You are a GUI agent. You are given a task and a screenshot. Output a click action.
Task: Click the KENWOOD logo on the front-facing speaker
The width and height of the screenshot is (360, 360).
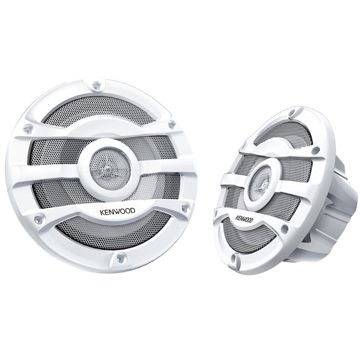(117, 211)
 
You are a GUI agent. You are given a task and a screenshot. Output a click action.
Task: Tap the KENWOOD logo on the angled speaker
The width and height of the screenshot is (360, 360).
(244, 219)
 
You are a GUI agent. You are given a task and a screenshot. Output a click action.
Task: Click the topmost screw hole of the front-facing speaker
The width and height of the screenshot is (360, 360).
(97, 85)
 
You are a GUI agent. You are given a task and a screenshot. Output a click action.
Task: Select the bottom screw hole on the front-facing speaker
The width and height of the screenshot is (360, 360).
(121, 257)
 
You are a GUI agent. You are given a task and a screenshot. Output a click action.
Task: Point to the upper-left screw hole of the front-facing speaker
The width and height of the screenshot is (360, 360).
(28, 129)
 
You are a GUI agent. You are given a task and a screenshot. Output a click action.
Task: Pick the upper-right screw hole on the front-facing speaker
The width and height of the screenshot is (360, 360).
(171, 125)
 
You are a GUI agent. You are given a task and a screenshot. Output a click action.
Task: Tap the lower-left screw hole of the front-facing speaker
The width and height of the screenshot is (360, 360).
(39, 218)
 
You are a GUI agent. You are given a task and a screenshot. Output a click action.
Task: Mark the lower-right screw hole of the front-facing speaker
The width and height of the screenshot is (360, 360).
(185, 207)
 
